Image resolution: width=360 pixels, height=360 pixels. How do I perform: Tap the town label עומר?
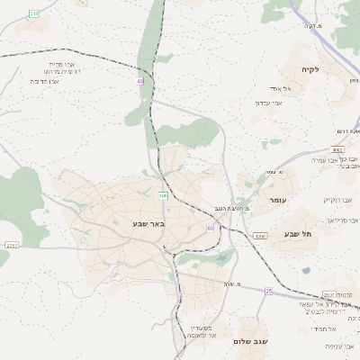click(276, 199)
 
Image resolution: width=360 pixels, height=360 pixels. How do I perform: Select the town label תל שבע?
click(297, 234)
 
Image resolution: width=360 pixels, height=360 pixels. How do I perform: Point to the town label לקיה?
click(310, 69)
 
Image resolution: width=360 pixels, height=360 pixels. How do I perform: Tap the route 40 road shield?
click(139, 81)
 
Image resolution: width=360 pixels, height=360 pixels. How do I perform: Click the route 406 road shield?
click(163, 194)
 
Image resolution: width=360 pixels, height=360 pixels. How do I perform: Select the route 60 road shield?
click(210, 229)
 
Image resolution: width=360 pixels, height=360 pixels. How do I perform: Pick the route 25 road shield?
click(268, 291)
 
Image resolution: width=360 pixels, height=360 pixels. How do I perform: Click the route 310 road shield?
click(34, 13)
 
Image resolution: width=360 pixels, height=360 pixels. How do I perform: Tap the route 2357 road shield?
click(12, 245)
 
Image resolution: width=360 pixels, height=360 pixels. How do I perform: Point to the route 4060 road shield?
click(261, 236)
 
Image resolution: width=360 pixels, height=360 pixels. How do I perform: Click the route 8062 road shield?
click(337, 150)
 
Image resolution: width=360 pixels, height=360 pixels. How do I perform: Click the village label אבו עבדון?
click(269, 103)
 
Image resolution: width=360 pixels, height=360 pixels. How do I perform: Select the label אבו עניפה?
click(342, 346)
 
